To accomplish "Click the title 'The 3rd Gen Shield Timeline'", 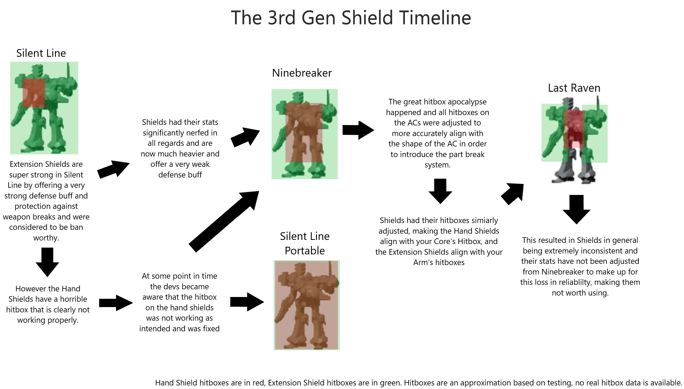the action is pos(351,18).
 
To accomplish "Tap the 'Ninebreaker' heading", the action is pos(302,73).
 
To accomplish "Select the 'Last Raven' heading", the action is pos(574,88).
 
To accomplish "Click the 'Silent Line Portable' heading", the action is pos(305,243).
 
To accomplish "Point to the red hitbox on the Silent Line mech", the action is pos(34,93).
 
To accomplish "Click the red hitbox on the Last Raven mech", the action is pos(574,129).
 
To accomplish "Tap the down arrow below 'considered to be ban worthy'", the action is pos(47,262).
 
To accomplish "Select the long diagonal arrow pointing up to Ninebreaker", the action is pos(224,221).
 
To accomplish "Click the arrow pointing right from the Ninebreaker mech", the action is pos(358,130).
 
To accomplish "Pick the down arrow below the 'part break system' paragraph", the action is pos(440,191).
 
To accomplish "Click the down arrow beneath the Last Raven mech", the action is pos(577,209).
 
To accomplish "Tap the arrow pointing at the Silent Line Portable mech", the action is pos(247,302).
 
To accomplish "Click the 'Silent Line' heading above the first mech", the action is pos(41,53).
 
